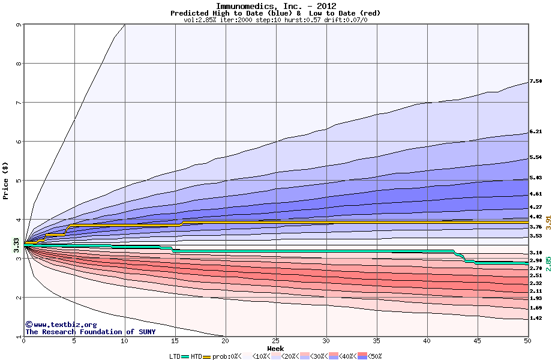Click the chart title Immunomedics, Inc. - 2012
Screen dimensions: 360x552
(275, 6)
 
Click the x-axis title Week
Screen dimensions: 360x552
(275, 349)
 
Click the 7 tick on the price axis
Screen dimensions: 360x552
(18, 103)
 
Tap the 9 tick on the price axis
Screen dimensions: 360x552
(18, 25)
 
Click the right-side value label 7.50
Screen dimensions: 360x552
(536, 81)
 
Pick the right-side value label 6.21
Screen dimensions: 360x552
(536, 131)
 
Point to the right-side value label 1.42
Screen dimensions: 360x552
(536, 318)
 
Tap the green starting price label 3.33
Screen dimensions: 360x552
(16, 244)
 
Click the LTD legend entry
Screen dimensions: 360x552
(176, 356)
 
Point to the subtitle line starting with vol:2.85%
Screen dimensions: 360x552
(275, 20)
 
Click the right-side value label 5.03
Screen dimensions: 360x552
(536, 178)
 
